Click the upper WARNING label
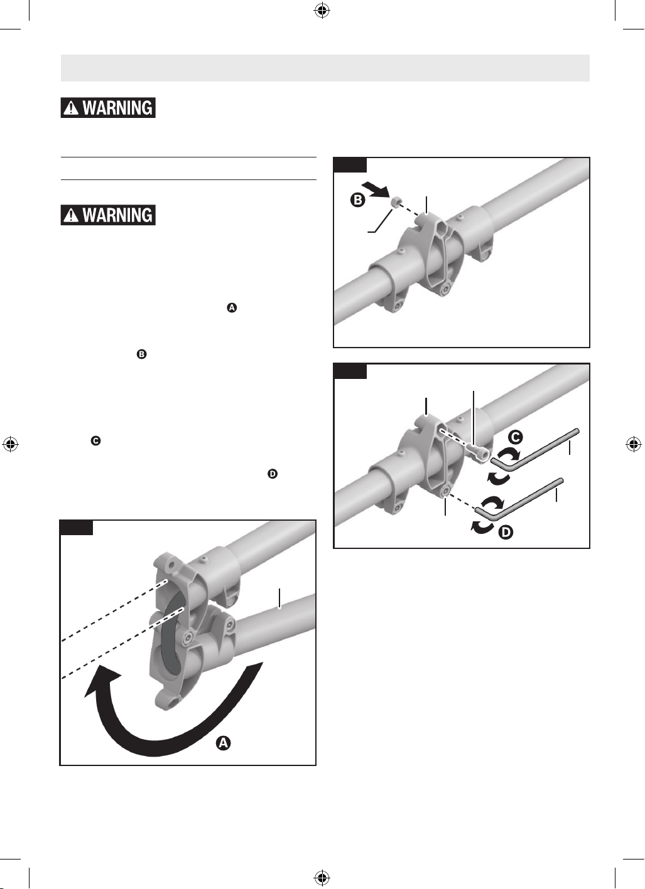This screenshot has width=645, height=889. pos(107,107)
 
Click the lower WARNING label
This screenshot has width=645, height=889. pos(107,215)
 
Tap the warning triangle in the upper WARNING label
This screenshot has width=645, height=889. pos(72,108)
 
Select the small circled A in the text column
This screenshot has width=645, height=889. pos(232,307)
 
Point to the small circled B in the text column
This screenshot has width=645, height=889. pos(142,354)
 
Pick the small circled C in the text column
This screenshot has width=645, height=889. pos(95,441)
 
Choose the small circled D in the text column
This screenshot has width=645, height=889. pos(273,474)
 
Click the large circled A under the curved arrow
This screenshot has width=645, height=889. pos(224,743)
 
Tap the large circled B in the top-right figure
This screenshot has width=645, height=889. pos(358,200)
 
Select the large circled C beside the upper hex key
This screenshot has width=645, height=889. pos(515,437)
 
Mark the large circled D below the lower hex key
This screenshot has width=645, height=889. pos(505,532)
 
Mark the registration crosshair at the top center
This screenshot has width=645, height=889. pos(322,11)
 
